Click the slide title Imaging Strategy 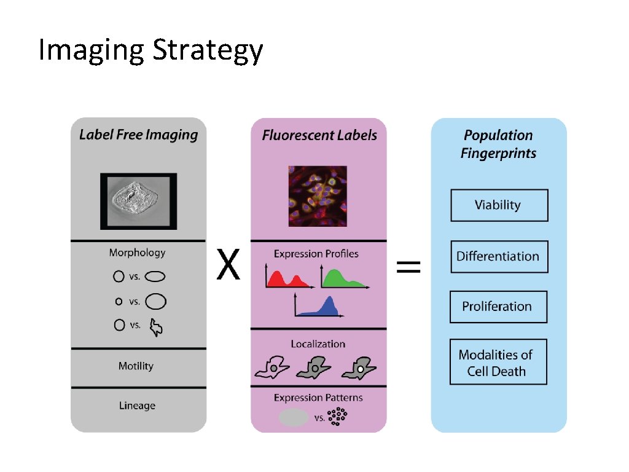tap(150, 51)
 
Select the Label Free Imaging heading tap(138, 135)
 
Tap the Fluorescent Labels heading tap(319, 135)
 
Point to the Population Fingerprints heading tap(498, 144)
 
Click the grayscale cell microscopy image tap(138, 200)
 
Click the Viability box tap(499, 205)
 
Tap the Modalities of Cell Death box tap(498, 362)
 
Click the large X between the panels tap(228, 267)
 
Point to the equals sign tap(408, 267)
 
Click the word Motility tap(136, 366)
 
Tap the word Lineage tap(137, 406)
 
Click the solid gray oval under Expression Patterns tap(294, 418)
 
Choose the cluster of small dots tap(337, 417)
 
